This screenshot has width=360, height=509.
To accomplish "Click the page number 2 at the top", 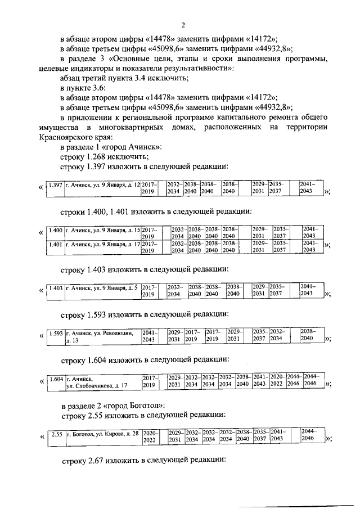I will point(184,25).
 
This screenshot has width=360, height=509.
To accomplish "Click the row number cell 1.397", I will point(55,184).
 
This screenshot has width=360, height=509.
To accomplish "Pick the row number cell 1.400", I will point(55,229).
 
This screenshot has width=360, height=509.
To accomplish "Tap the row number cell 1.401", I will point(55,244).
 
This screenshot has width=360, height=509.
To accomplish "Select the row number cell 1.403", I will point(55,288).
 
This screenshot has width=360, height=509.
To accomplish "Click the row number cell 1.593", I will point(55,332).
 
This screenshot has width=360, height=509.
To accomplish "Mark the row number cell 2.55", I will point(55,434).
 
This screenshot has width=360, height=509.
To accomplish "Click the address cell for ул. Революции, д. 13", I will point(99,336).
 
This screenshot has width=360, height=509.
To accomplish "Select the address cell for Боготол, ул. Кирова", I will point(102,434).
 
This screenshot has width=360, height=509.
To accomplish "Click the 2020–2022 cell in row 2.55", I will point(149,436).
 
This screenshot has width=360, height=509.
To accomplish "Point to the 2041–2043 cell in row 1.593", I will point(149,336).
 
